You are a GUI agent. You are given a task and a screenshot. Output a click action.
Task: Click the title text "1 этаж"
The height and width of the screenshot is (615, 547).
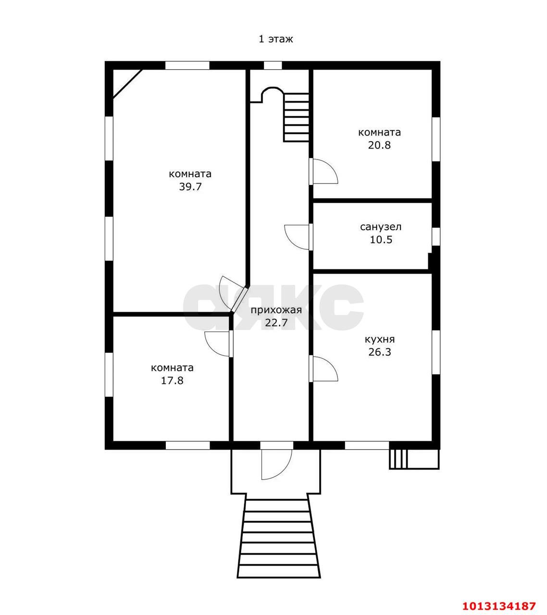click(x=276, y=39)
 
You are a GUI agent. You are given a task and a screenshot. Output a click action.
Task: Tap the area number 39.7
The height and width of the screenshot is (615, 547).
click(x=190, y=187)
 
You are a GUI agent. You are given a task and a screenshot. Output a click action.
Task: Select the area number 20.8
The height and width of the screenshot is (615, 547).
click(x=379, y=145)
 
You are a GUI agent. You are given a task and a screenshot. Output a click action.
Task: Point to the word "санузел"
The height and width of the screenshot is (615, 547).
click(x=381, y=227)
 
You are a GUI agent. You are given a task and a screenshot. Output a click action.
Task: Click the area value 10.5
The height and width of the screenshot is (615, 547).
click(x=381, y=240)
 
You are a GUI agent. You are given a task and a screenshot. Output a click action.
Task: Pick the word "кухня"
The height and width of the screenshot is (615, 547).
click(x=380, y=339)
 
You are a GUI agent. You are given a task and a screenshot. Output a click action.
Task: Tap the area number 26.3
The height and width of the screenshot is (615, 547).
click(x=380, y=352)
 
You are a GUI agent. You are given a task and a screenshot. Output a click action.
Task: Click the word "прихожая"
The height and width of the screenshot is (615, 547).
click(x=276, y=310)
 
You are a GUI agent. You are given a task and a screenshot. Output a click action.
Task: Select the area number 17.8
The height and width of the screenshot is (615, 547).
click(x=172, y=381)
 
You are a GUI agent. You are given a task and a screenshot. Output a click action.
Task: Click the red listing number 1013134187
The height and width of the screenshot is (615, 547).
click(x=499, y=598)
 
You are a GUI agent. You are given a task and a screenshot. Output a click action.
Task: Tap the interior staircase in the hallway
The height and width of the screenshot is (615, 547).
click(x=296, y=117)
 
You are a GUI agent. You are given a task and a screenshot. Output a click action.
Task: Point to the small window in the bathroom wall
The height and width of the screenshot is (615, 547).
click(x=436, y=237)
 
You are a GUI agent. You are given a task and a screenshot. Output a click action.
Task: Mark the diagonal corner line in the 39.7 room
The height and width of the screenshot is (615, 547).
click(x=127, y=84)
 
